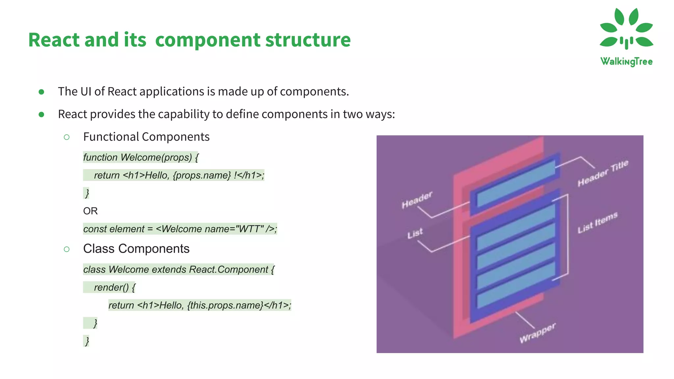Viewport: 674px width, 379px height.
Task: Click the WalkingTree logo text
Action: click(x=626, y=62)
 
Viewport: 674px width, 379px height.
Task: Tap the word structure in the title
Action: click(x=308, y=40)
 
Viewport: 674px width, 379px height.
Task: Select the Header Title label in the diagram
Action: click(x=603, y=173)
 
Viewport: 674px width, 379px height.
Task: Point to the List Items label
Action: click(x=597, y=222)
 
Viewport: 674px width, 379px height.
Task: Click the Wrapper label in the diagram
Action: click(x=537, y=333)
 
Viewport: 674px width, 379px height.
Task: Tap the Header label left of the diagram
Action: click(x=417, y=200)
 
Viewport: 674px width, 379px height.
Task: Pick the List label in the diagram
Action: click(x=415, y=233)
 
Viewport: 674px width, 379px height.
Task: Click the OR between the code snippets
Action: click(x=90, y=211)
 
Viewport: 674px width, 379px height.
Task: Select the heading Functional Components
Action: click(x=146, y=137)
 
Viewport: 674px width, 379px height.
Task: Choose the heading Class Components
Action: click(x=136, y=249)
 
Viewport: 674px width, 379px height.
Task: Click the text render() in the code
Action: click(x=111, y=288)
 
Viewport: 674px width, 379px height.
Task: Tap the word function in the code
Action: click(x=100, y=158)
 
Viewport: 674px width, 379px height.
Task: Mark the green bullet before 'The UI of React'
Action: click(x=41, y=92)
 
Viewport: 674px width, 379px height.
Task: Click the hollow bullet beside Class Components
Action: click(x=66, y=249)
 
